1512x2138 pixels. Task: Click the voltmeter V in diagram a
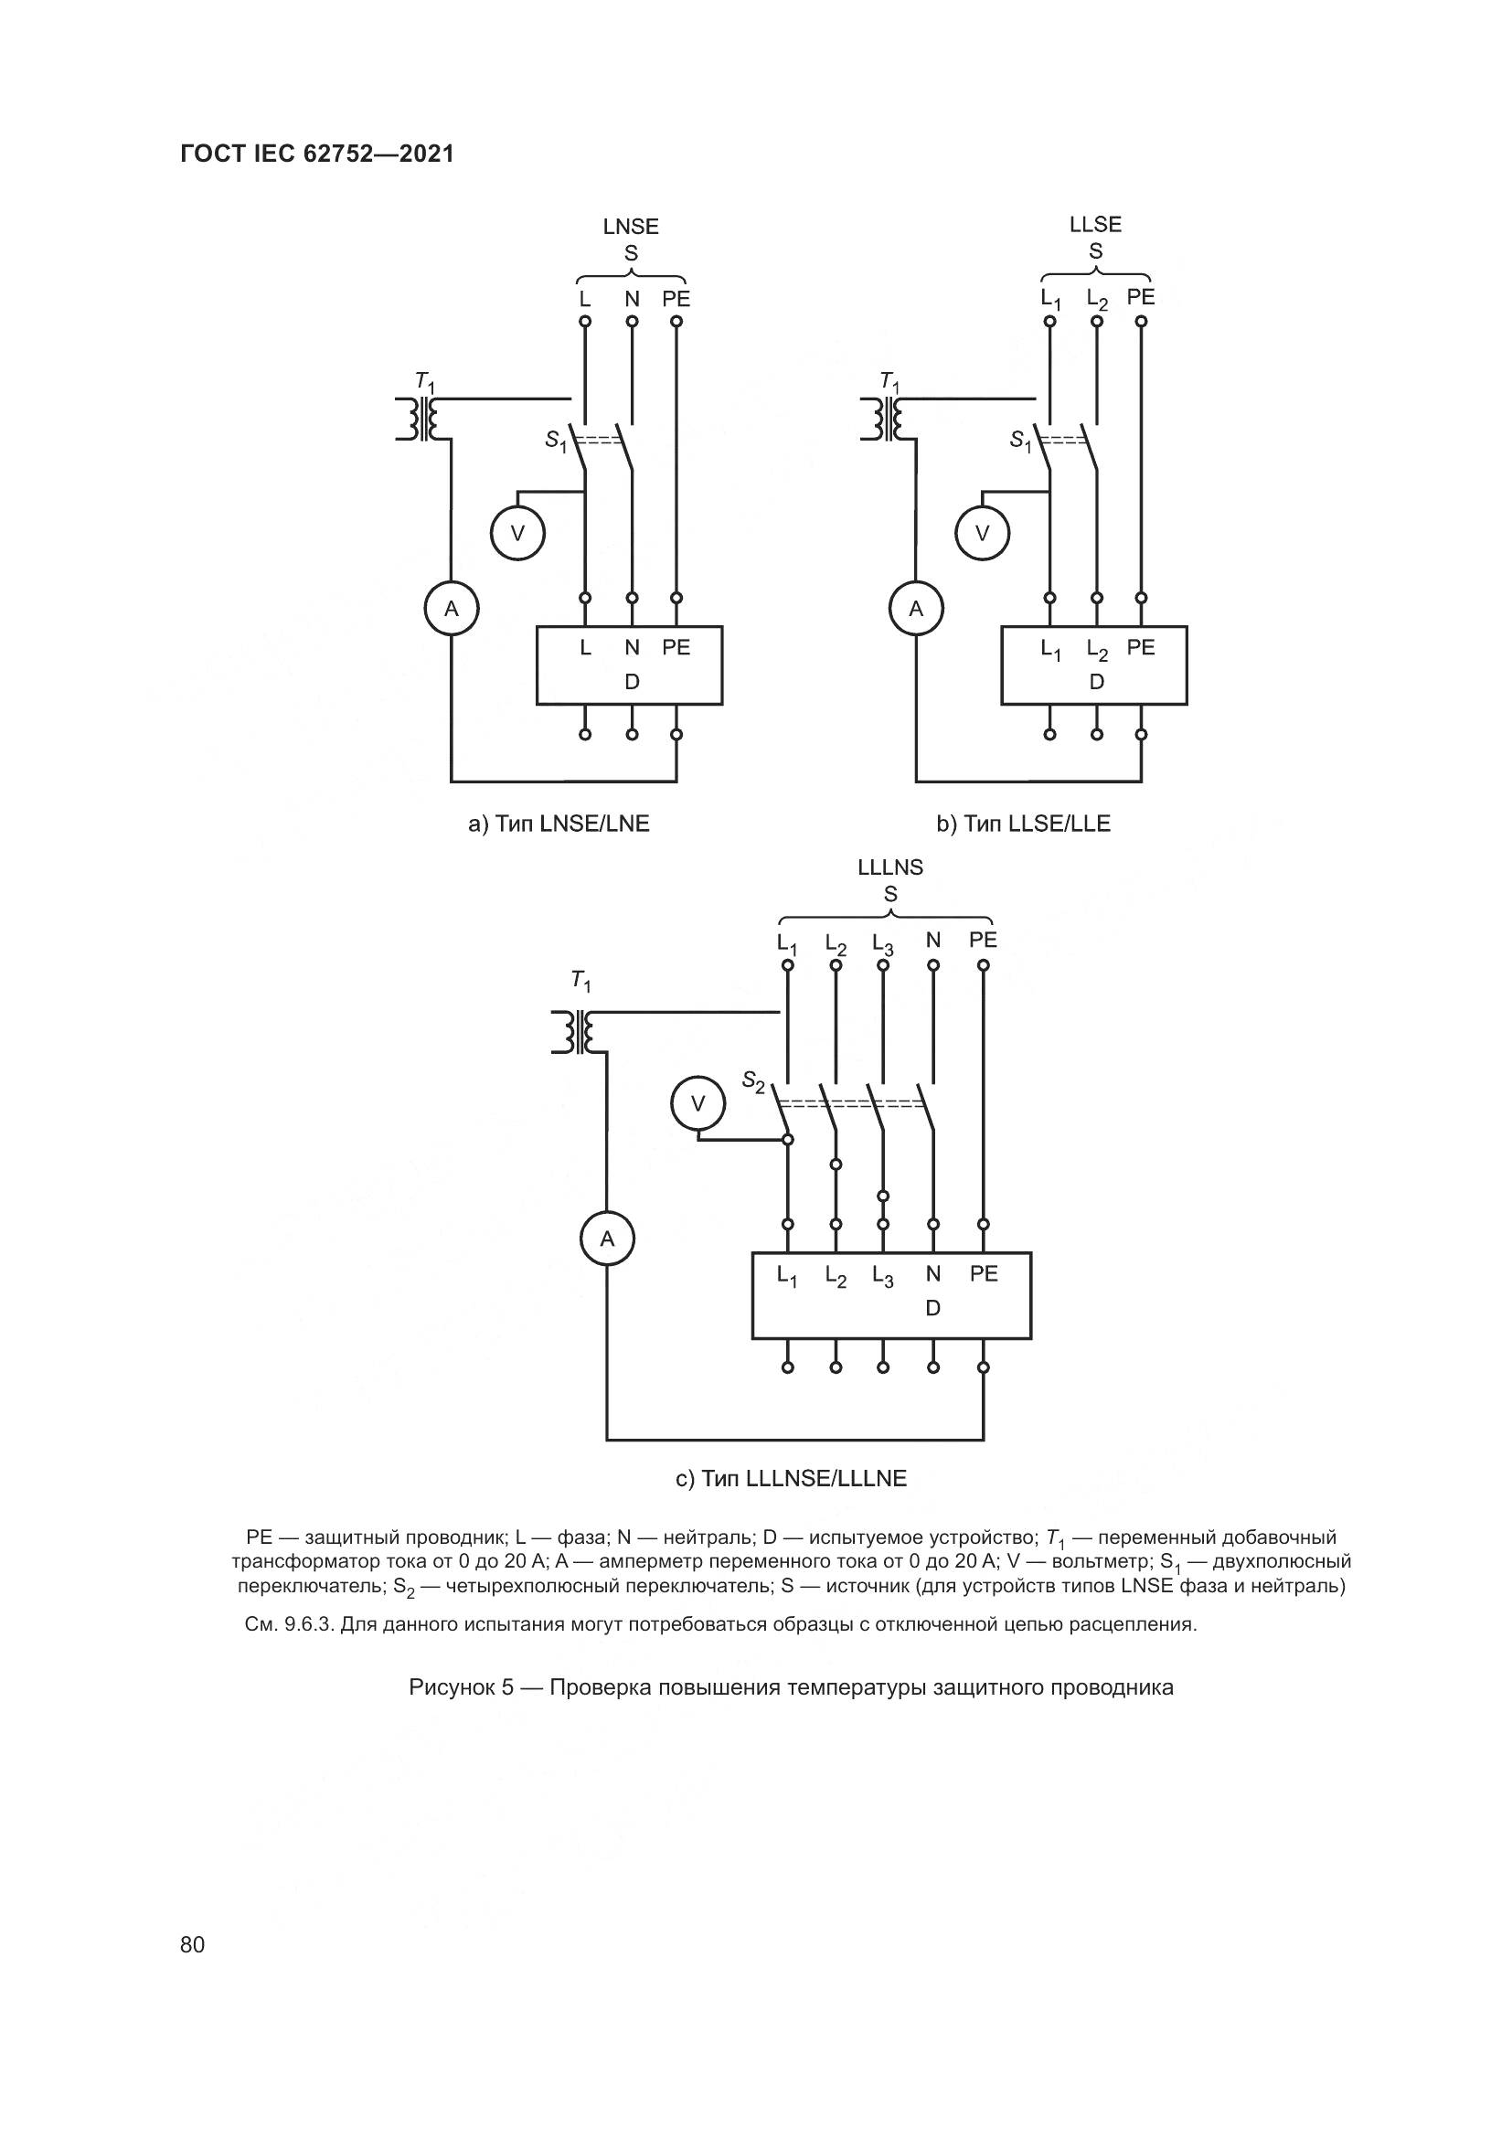(517, 534)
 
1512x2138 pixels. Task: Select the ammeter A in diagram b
(916, 609)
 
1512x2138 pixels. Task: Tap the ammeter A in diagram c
(607, 1239)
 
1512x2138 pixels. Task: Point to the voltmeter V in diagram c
(697, 1104)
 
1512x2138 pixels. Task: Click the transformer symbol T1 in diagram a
(416, 418)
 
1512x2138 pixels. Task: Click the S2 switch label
(752, 1081)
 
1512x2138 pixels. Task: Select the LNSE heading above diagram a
(631, 227)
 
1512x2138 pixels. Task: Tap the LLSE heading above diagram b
(1095, 225)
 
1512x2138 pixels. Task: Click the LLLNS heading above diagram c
(890, 867)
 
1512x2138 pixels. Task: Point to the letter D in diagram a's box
(632, 683)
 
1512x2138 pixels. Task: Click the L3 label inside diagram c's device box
(883, 1276)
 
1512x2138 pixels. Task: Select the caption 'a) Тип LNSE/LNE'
(559, 824)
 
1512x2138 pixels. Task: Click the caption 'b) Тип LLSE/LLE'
(1023, 824)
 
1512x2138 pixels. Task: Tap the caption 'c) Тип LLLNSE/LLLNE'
(791, 1479)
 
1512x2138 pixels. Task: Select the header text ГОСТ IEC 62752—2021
(317, 154)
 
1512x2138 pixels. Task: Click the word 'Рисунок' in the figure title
(454, 1687)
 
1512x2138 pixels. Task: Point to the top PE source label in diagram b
(1141, 297)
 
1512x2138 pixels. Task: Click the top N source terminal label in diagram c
(933, 941)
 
